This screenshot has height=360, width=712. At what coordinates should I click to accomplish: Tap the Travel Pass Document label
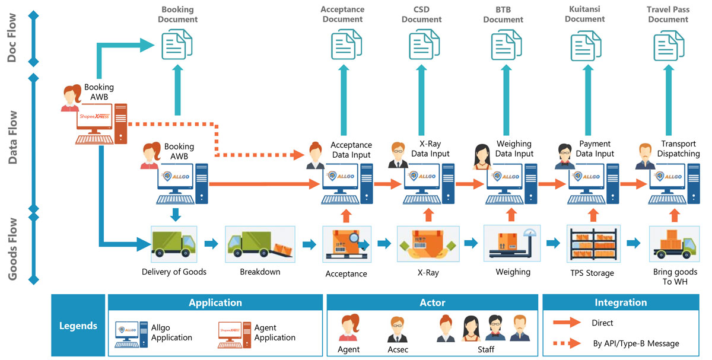(x=667, y=14)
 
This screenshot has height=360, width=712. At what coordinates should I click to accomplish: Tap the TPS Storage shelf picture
(x=593, y=243)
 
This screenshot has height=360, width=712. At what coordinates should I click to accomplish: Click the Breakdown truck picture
(x=260, y=243)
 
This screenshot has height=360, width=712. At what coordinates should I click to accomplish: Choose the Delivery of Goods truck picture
(x=174, y=243)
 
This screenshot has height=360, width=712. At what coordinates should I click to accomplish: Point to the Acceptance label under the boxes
(x=347, y=274)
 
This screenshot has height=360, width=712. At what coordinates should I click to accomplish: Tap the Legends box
(x=78, y=326)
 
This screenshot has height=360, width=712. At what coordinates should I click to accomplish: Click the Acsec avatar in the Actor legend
(x=397, y=329)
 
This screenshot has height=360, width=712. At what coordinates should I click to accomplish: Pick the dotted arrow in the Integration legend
(x=566, y=343)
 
